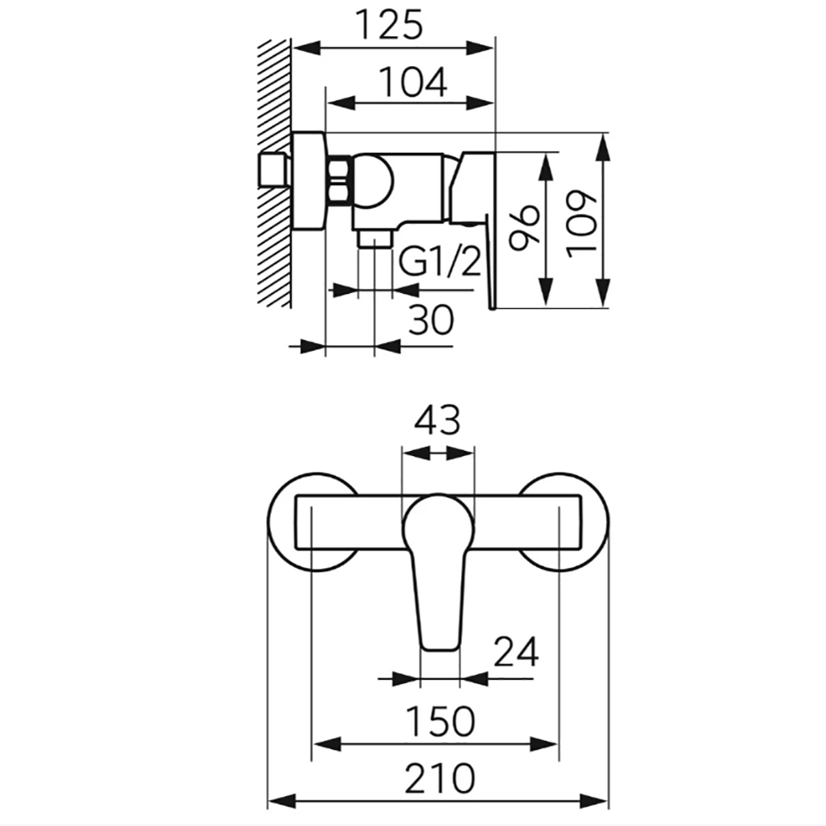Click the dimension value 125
(390, 24)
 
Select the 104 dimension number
(414, 82)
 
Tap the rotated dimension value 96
(525, 226)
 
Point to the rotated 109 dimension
(582, 224)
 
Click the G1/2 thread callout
(440, 262)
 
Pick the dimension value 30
(431, 320)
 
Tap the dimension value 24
(516, 652)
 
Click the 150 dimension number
(440, 721)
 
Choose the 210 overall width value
(440, 778)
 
